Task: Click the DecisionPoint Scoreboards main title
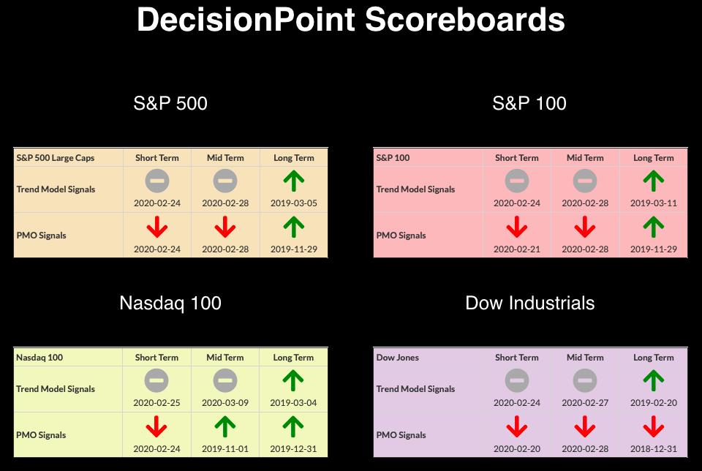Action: [350, 19]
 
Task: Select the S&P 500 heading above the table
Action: [170, 103]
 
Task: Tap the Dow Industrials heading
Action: [529, 303]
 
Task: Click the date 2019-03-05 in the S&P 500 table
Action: [294, 203]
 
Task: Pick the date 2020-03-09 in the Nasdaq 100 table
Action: [225, 403]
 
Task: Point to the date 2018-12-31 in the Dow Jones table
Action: [654, 448]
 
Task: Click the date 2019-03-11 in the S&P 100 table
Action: [654, 203]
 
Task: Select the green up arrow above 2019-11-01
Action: [225, 426]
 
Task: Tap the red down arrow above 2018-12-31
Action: [654, 426]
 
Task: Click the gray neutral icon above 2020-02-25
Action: [156, 380]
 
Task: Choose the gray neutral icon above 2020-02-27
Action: [585, 380]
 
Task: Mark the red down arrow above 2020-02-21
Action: [517, 227]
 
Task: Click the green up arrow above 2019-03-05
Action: [294, 181]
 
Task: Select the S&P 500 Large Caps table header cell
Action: [56, 157]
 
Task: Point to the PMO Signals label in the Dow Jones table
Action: [401, 435]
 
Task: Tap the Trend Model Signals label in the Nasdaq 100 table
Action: [56, 389]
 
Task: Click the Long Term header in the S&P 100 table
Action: [654, 157]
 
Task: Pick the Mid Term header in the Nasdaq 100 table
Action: [225, 358]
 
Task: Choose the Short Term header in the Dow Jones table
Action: [517, 358]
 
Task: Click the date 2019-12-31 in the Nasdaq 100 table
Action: [293, 448]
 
